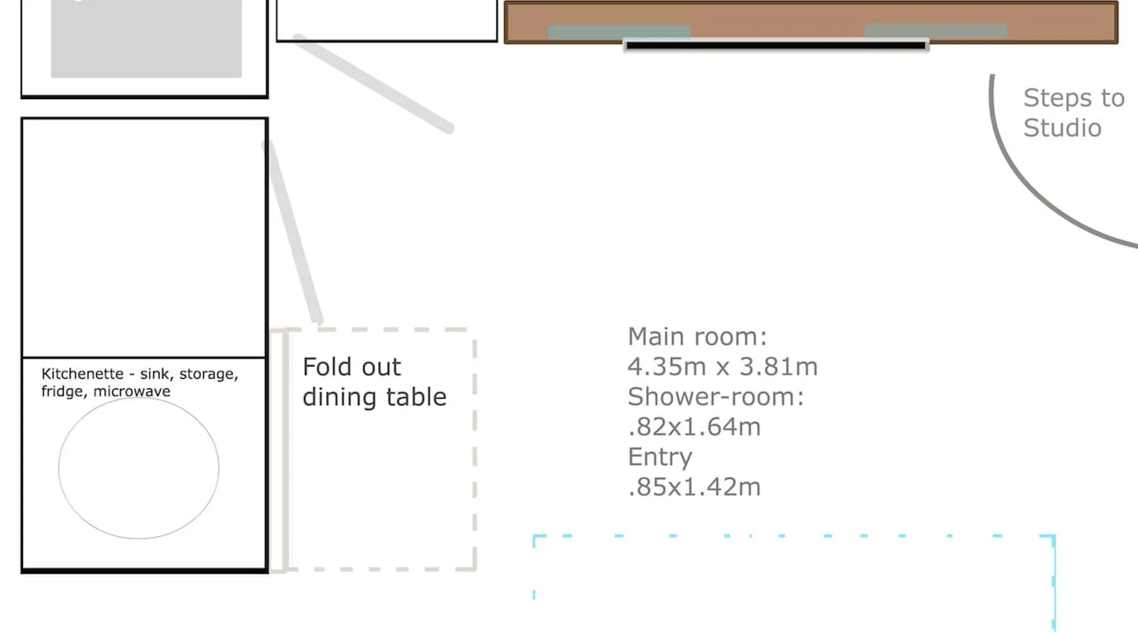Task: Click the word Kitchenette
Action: tap(82, 374)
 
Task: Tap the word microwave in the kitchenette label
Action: tap(132, 391)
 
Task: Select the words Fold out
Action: tap(352, 367)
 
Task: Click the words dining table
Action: tap(374, 398)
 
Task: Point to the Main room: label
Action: tap(697, 337)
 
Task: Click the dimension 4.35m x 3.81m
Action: tap(723, 367)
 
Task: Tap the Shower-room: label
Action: tap(716, 397)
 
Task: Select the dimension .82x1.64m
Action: tap(694, 427)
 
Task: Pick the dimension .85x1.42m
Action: tap(694, 487)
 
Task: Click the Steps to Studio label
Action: tap(1074, 113)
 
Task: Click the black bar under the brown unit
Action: tap(776, 46)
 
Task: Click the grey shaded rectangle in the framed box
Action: tap(146, 38)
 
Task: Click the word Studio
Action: tap(1063, 128)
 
